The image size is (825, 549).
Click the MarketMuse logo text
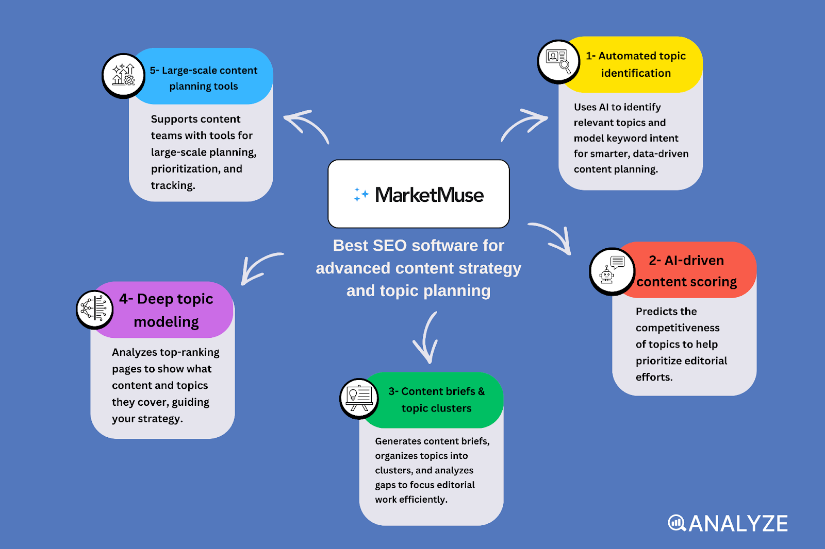[429, 195]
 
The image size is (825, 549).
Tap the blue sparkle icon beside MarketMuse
[360, 195]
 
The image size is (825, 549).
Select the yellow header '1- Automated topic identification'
[635, 64]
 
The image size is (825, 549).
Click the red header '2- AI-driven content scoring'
[687, 271]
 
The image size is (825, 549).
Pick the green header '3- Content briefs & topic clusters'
[436, 400]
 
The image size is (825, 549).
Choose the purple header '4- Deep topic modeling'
[166, 310]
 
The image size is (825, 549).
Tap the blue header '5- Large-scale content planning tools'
[204, 78]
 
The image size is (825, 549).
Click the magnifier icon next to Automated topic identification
[558, 61]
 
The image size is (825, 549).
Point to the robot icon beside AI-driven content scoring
[612, 271]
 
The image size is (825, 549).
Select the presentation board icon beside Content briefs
[359, 399]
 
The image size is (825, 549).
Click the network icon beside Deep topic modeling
[95, 309]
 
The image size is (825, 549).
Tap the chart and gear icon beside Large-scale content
[124, 75]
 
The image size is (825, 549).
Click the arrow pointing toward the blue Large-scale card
[307, 125]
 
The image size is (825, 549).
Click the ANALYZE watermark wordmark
[728, 524]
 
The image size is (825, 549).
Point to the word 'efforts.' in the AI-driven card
[654, 378]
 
